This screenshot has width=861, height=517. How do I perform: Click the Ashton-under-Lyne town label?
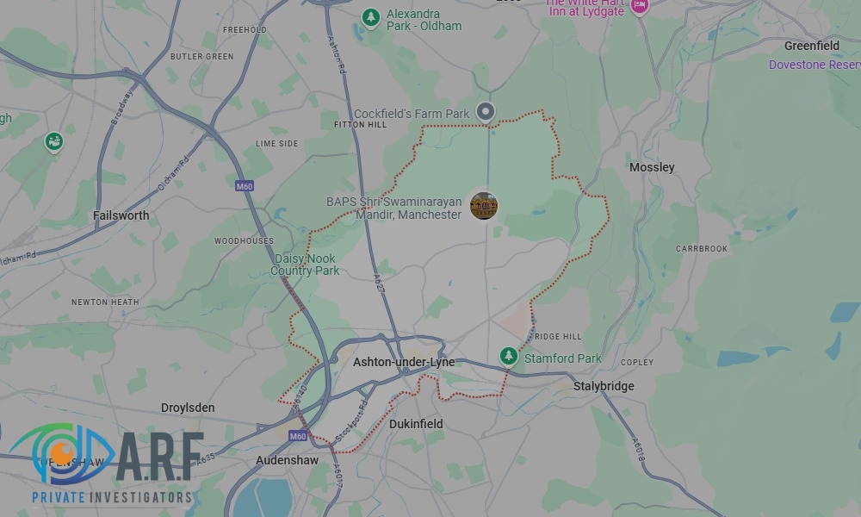pos(404,363)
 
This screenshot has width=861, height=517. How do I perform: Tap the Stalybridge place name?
pos(604,386)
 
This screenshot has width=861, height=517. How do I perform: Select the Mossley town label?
pos(652,167)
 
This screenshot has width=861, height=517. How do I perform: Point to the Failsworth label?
pos(121,215)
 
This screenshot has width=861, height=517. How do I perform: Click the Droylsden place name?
pos(188,408)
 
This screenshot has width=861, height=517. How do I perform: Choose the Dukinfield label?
pos(416,424)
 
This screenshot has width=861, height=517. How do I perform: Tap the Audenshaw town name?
pos(287,461)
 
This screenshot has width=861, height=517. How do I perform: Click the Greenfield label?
pos(811,46)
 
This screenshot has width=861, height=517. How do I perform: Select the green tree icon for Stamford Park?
pos(509,356)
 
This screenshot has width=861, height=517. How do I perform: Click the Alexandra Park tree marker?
pos(371,16)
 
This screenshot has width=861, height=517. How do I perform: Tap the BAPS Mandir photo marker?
pos(484,206)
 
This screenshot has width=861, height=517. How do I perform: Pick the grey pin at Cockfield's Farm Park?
pos(486,111)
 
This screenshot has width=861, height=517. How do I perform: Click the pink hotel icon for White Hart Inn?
pos(639,6)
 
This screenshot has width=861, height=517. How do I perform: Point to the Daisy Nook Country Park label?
pos(305,265)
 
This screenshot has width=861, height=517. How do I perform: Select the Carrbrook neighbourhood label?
pos(702,248)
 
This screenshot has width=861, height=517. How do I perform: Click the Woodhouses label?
pos(244,241)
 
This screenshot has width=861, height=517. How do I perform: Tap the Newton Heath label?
pos(105,302)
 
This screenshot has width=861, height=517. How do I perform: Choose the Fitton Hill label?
pos(360,125)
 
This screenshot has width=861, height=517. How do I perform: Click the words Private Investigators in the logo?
pos(112,497)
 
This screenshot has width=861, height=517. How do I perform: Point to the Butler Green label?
pos(201,57)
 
